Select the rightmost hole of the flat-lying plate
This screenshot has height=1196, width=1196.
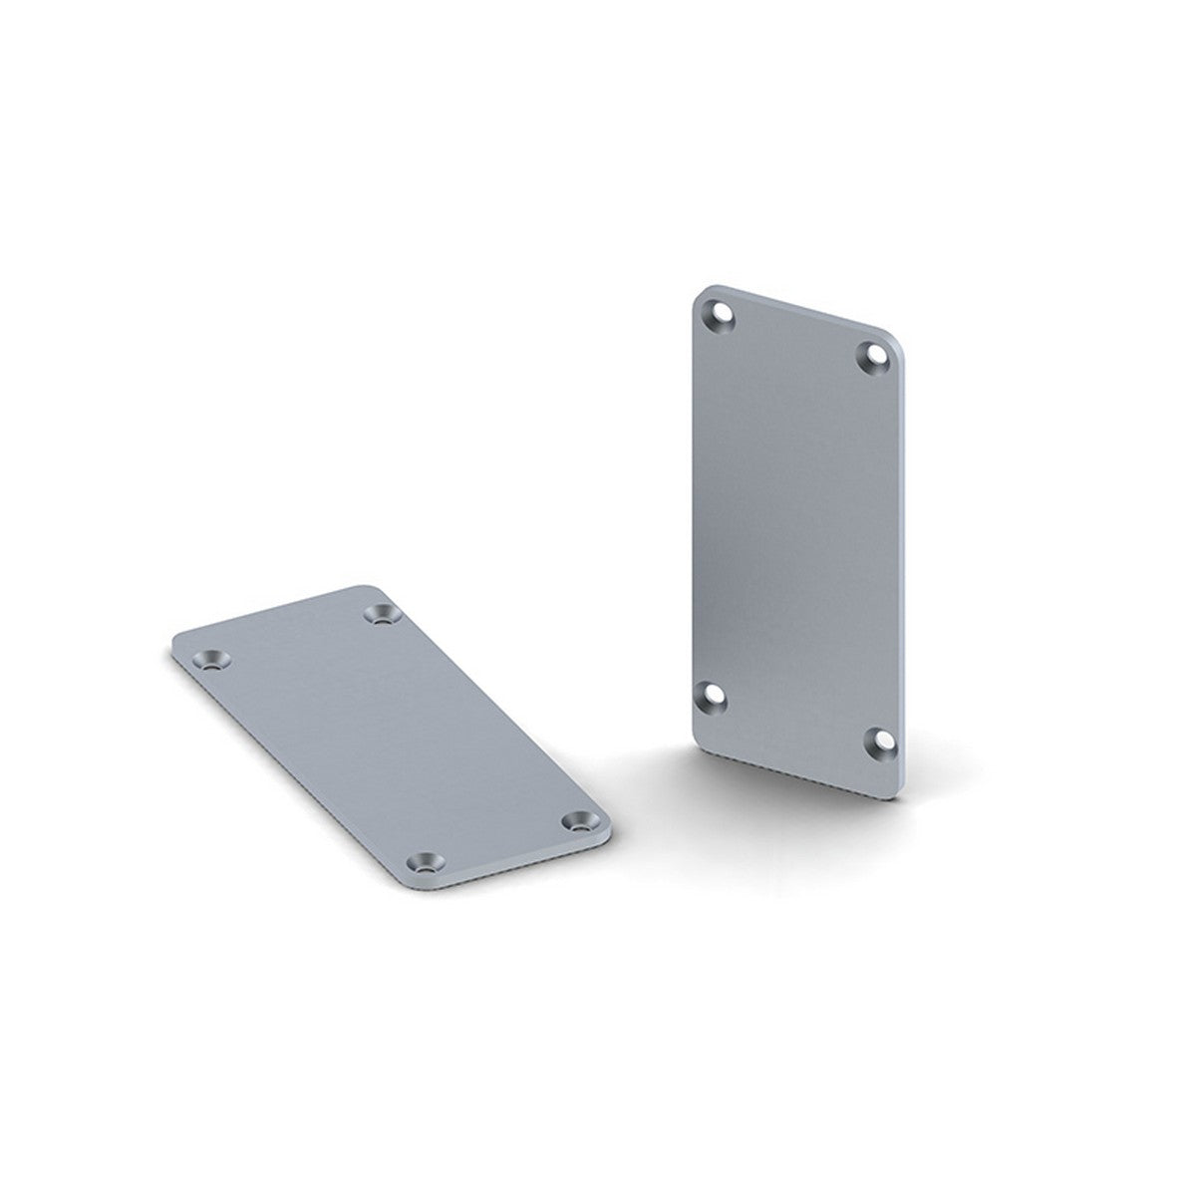coord(576,820)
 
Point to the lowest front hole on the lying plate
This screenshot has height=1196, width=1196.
coord(427,858)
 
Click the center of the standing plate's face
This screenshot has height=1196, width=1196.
coord(797,528)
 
